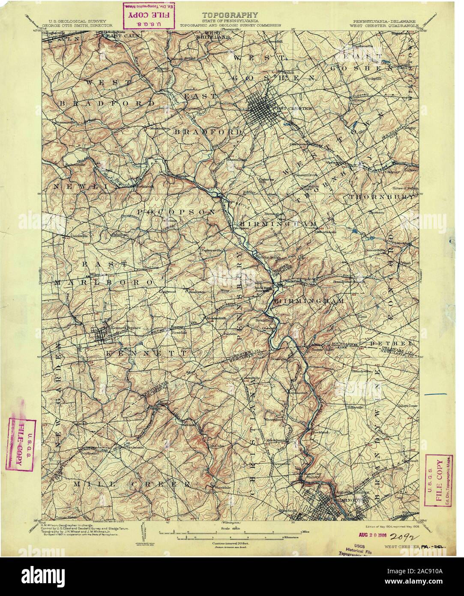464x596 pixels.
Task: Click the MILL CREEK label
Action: coord(132,484)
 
